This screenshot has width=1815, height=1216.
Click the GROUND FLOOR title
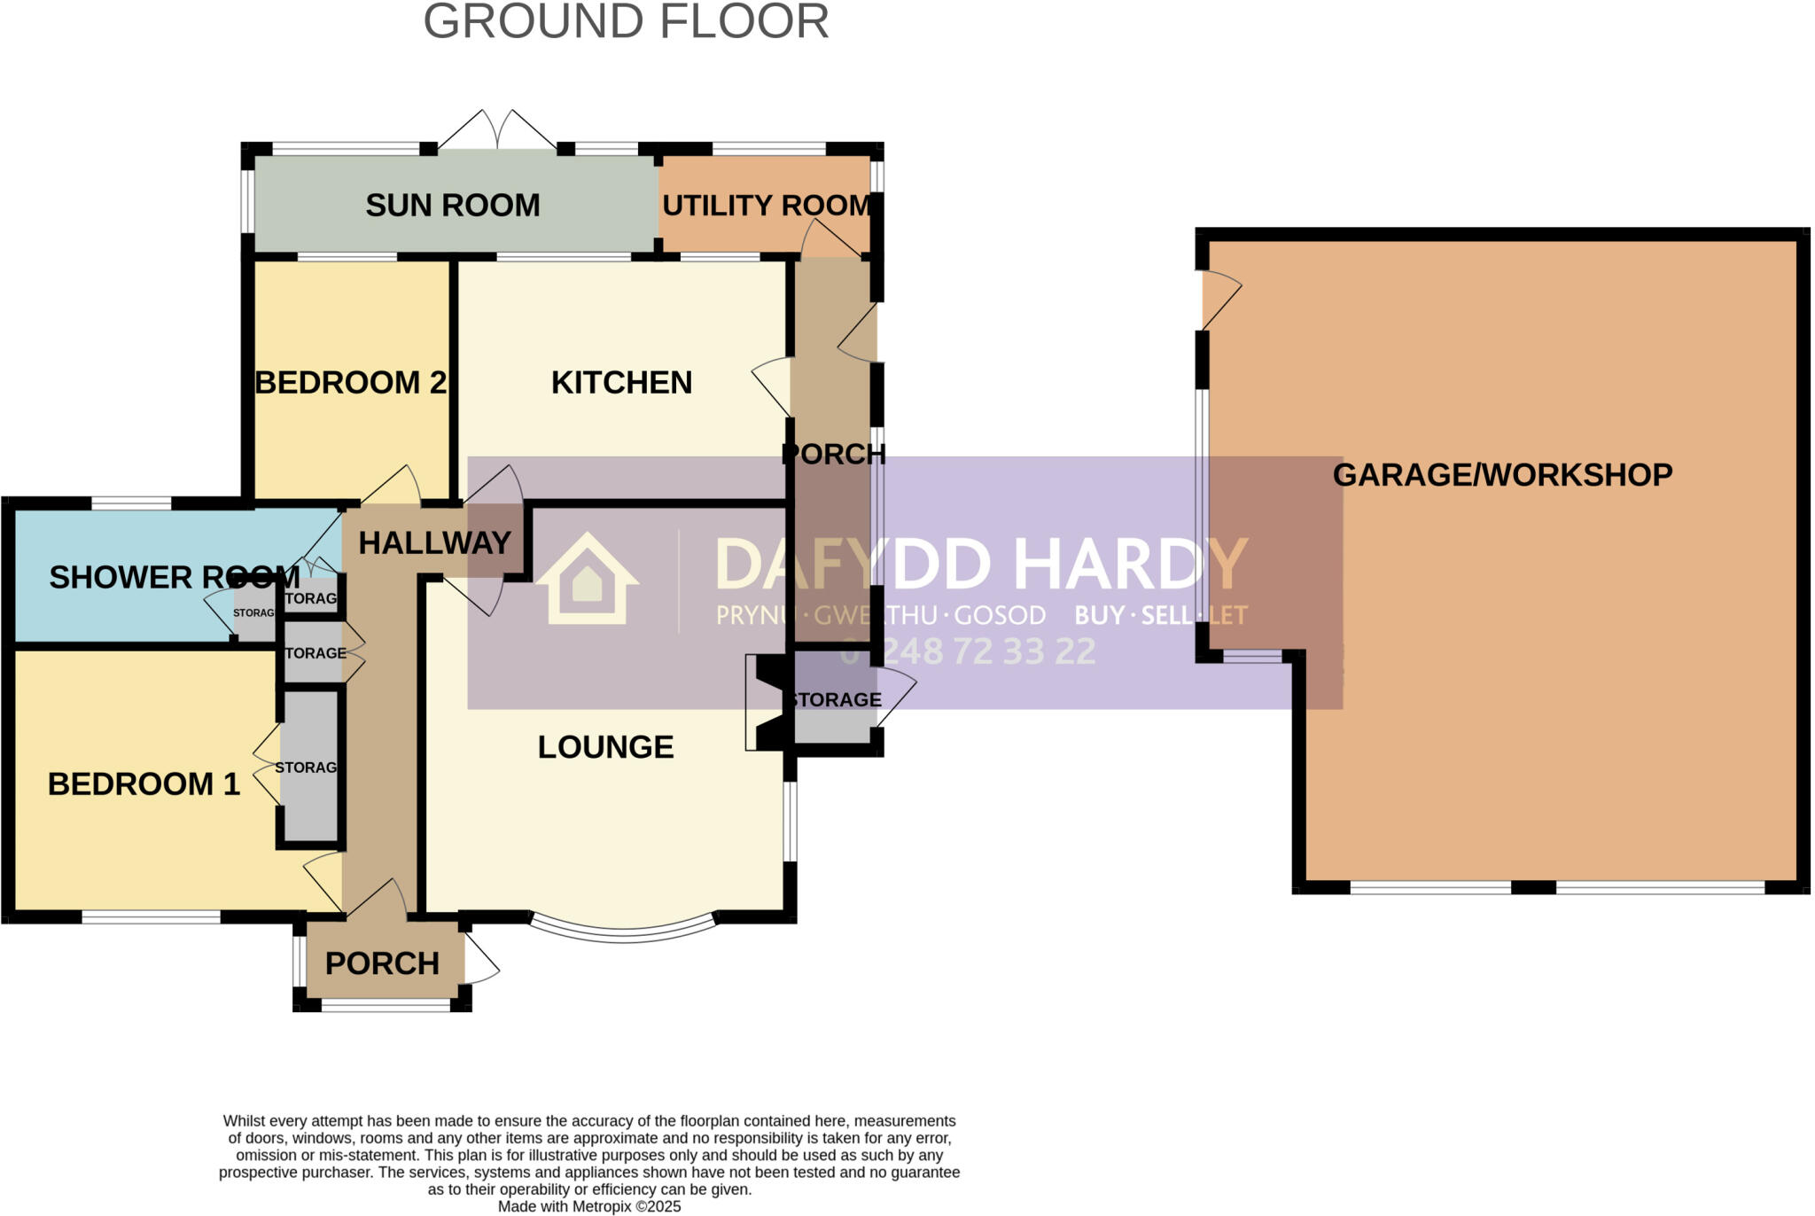click(626, 22)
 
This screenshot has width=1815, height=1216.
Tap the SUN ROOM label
click(452, 206)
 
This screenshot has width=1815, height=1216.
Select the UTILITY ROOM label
click(767, 206)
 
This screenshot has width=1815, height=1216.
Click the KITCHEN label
click(621, 383)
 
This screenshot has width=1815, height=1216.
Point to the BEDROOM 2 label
click(351, 383)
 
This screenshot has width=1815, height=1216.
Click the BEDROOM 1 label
click(144, 784)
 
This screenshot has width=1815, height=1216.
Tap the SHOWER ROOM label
click(174, 577)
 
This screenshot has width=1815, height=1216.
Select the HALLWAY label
click(434, 542)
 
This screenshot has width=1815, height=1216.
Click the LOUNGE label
click(605, 747)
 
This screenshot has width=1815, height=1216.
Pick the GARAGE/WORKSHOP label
click(1502, 475)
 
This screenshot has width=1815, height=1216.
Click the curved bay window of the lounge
click(623, 931)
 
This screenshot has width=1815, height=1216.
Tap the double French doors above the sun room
click(497, 131)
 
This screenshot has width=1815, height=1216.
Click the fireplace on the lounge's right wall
click(764, 703)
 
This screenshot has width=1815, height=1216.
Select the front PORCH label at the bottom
click(382, 963)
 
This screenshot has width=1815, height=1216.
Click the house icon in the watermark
click(587, 581)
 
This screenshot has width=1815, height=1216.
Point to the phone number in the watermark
click(968, 652)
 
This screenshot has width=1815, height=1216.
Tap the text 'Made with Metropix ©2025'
click(589, 1206)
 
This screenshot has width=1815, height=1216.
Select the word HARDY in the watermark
click(1130, 565)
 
